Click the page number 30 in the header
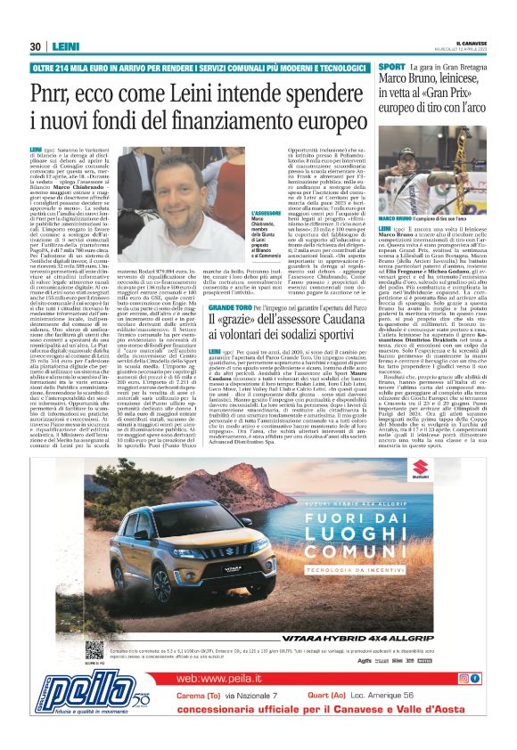tap(36, 46)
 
